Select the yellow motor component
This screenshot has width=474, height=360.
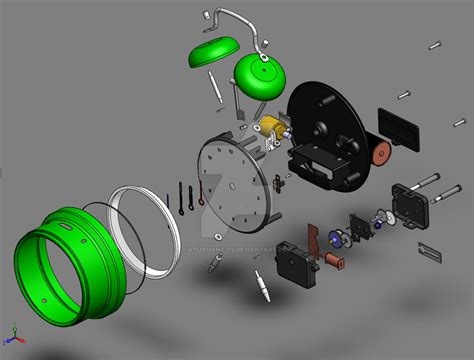tap(272, 126)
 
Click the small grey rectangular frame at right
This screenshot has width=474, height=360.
tap(429, 249)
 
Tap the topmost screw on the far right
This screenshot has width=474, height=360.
tap(433, 45)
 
